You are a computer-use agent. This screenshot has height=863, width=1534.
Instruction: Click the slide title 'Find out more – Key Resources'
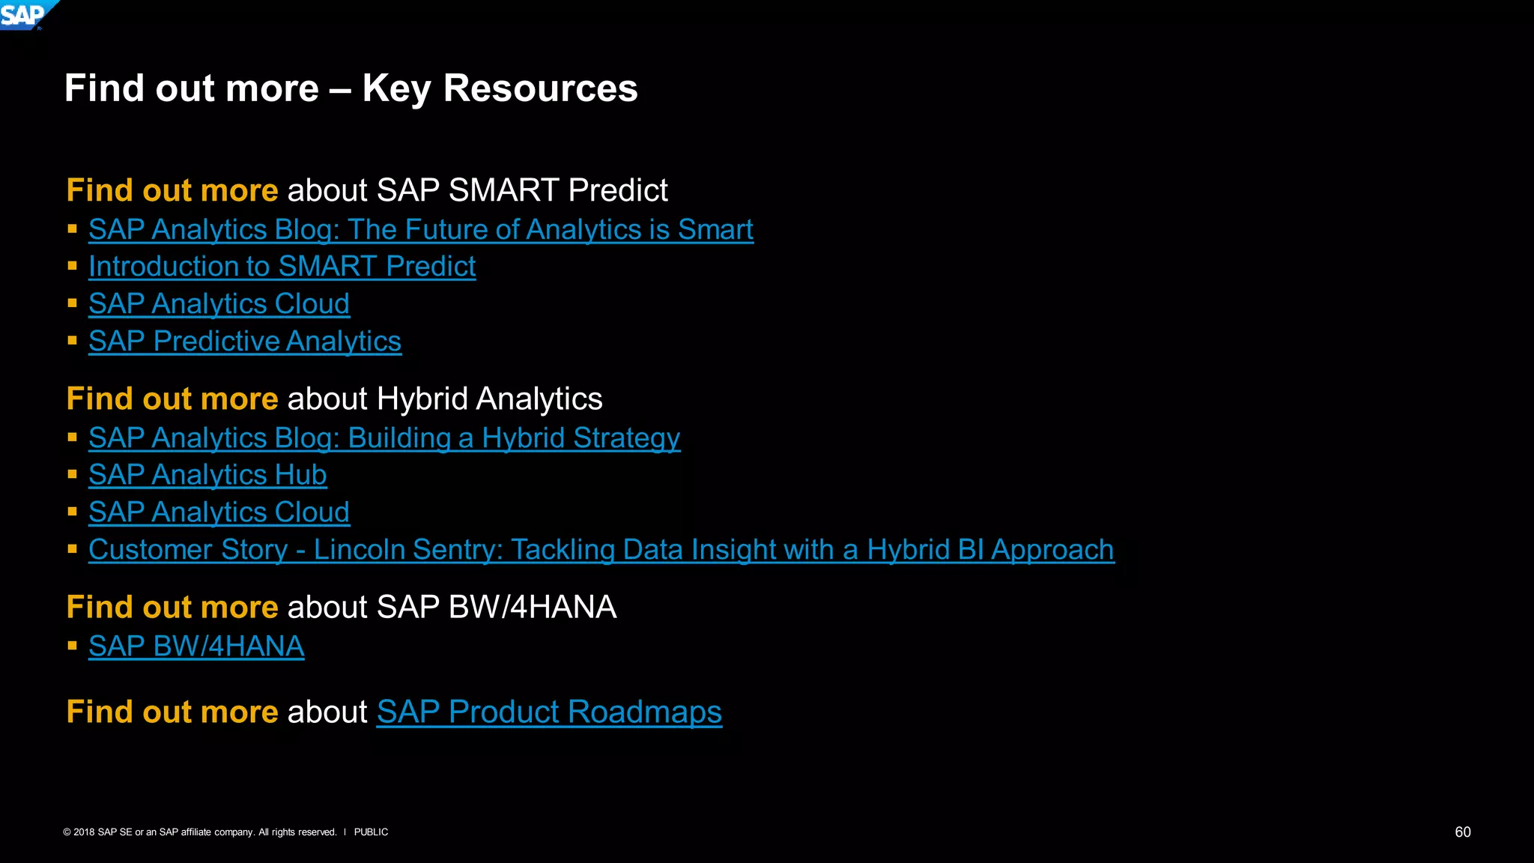(351, 88)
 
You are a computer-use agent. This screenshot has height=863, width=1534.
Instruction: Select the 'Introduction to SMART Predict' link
(282, 267)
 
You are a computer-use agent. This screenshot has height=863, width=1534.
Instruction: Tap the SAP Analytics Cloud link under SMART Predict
(219, 304)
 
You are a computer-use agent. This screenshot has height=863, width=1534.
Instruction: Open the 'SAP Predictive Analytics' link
(245, 342)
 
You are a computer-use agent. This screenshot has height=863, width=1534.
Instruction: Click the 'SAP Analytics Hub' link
(207, 475)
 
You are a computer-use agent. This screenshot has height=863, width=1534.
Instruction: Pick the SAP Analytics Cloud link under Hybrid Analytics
(219, 512)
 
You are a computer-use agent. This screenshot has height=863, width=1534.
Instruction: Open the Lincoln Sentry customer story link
(601, 550)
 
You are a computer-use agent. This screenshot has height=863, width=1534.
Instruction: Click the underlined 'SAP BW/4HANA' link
(196, 646)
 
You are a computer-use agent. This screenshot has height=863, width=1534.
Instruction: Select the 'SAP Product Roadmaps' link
(549, 712)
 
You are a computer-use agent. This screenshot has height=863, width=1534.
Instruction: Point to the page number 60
(1462, 832)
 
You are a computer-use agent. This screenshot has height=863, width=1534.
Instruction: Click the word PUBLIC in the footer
(371, 832)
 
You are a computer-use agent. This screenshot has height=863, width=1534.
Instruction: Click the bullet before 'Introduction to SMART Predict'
(73, 266)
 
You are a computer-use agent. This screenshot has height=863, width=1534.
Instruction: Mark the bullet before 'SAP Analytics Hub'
(73, 474)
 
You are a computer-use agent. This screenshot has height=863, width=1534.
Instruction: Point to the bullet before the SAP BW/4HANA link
(73, 645)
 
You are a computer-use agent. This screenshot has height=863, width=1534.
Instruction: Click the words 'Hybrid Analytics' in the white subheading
(489, 399)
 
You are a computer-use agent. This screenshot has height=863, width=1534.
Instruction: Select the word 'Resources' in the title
(540, 88)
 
